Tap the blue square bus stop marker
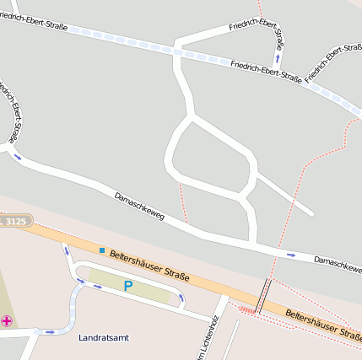(x=102, y=250)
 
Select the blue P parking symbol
(x=128, y=286)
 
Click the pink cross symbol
(x=7, y=321)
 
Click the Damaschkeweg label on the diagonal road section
(x=139, y=207)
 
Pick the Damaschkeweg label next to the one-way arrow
(x=338, y=263)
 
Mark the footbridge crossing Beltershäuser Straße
(x=264, y=296)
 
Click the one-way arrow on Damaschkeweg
(x=291, y=255)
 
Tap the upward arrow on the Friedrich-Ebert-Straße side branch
(x=276, y=59)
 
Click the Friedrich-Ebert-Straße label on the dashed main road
(x=266, y=71)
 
